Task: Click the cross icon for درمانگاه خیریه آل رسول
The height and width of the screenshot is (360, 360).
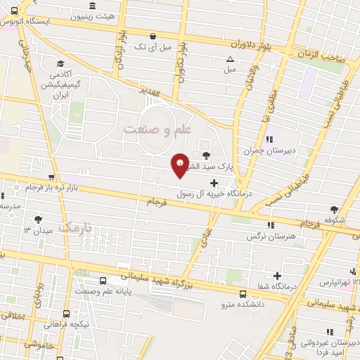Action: (x=214, y=183)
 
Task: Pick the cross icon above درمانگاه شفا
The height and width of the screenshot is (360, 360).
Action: (x=278, y=276)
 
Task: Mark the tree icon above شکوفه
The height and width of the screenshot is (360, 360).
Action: (x=333, y=210)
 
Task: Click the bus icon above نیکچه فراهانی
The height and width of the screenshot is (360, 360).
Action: (x=65, y=314)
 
